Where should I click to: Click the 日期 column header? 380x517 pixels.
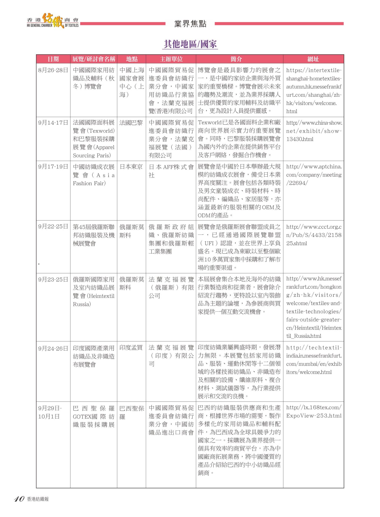[x=53, y=59]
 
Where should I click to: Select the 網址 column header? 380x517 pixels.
[x=313, y=59]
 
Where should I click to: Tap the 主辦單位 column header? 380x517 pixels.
[x=171, y=59]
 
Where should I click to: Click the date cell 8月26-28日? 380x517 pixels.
[x=53, y=70]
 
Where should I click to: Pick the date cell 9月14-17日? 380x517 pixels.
[x=53, y=123]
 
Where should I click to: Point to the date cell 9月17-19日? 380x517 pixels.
[x=53, y=167]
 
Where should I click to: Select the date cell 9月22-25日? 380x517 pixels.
[x=53, y=226]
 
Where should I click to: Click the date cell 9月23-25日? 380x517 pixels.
[x=53, y=280]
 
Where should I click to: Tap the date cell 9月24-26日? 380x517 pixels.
[x=53, y=348]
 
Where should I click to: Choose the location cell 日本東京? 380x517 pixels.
[x=131, y=167]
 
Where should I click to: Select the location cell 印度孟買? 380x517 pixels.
[x=131, y=348]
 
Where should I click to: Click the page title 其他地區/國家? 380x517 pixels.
[x=190, y=44]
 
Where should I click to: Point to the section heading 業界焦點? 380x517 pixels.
[x=190, y=24]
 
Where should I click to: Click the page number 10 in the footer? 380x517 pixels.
[x=19, y=499]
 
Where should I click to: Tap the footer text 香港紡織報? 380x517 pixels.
[x=38, y=499]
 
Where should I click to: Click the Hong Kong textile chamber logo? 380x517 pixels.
[x=53, y=21]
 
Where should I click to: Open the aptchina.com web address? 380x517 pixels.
[x=313, y=174]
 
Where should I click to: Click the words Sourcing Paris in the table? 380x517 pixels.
[x=92, y=155]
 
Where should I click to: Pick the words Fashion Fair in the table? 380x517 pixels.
[x=89, y=183]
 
